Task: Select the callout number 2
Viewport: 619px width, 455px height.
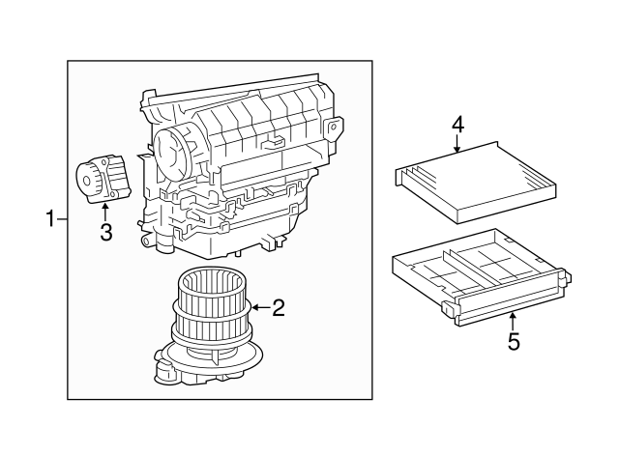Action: pos(279,308)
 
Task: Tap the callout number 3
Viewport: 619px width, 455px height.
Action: pos(105,232)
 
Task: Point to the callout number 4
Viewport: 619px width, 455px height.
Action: pos(457,125)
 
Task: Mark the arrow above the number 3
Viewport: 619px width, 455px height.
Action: pos(105,210)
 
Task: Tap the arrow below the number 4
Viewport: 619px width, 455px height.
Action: pos(457,145)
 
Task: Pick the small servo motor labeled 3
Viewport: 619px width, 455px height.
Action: pos(100,181)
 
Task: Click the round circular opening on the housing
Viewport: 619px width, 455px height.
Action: pos(173,150)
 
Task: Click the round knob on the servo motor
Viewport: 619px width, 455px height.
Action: pos(88,180)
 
